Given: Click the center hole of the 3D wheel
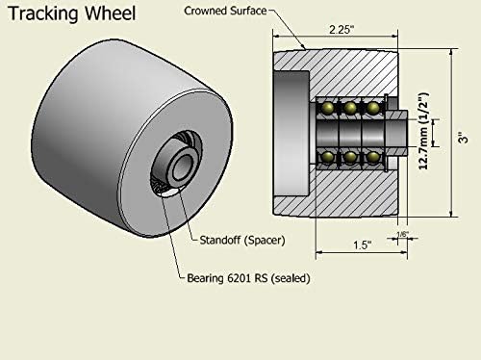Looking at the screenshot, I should click(x=179, y=164).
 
